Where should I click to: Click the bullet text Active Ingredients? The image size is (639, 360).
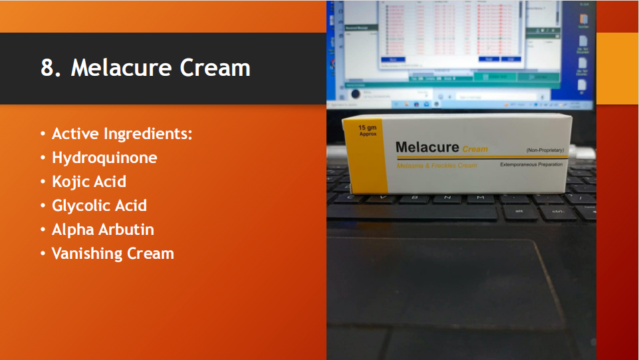coord(122,134)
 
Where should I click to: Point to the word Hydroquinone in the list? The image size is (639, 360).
coord(104,158)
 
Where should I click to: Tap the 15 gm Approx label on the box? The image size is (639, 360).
coord(368,130)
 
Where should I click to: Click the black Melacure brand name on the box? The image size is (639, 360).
coord(426,147)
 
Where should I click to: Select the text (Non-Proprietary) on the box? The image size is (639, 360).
coord(545,150)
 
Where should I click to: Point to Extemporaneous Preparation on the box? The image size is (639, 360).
coord(531,164)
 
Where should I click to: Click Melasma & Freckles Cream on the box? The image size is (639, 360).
coord(437,166)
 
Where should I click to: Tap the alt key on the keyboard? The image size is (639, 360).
coord(519,212)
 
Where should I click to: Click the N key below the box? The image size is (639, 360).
coord(447,198)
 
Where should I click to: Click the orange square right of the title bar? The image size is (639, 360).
coord(617,69)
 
